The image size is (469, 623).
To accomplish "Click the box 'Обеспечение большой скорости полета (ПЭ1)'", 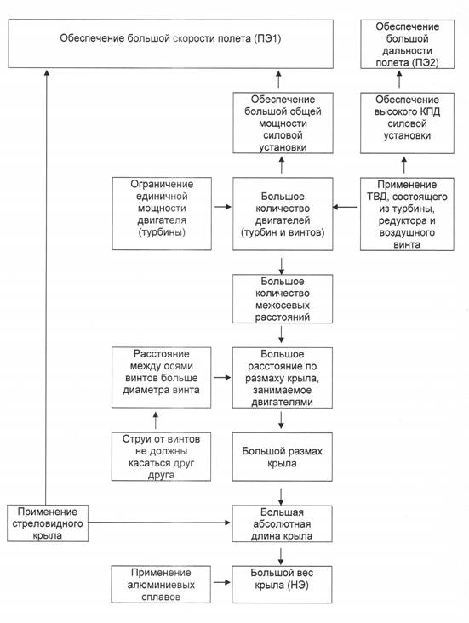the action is click(170, 43).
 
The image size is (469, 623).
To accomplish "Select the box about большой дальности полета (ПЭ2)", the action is click(407, 44).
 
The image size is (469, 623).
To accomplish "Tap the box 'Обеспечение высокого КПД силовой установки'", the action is click(407, 123).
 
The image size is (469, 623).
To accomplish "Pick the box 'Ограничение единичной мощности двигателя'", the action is click(162, 214).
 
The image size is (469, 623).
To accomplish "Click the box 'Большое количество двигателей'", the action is click(283, 214).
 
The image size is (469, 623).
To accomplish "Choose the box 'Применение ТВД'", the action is click(407, 214).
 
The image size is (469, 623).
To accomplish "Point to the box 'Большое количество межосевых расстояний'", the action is click(283, 299).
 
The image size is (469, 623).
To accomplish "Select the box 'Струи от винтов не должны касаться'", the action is click(161, 456).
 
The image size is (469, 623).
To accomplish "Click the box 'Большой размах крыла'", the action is click(283, 457).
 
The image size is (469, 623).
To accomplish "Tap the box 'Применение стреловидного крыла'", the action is click(48, 523).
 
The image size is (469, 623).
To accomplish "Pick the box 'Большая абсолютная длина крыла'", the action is click(283, 523).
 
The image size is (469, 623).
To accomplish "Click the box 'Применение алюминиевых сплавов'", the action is click(161, 585).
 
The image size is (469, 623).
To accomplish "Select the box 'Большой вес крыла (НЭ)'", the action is click(282, 585).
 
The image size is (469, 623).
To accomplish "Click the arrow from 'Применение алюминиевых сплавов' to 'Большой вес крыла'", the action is click(222, 582).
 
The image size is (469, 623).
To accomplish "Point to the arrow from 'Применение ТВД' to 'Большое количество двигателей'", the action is click(345, 207).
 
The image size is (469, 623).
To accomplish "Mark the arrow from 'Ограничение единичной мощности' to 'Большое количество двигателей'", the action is click(222, 207).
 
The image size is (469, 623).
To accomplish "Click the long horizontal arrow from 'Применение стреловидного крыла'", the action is click(159, 523).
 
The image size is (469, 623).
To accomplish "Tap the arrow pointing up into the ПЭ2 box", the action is click(399, 79).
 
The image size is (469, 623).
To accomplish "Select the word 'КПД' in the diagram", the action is click(430, 111).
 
